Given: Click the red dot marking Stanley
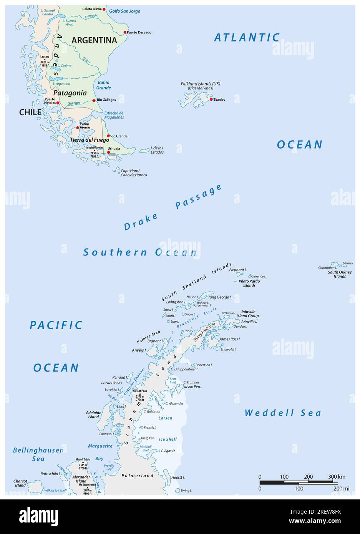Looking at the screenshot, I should coord(211,100).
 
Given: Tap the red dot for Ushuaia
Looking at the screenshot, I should coord(108,153).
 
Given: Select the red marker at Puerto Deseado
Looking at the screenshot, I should coord(125,32).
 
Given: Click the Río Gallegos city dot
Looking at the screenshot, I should coord(94,100).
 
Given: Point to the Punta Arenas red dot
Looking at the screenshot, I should coord(77,128).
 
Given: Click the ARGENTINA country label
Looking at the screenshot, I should coord(94,40).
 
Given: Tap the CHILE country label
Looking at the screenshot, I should coord(30,113).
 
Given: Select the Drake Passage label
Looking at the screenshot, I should coord(173,207).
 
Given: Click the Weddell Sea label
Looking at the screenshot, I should coord(283,413).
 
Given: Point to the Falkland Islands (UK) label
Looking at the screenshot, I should coord(201,84).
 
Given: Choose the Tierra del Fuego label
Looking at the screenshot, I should coord(90,140).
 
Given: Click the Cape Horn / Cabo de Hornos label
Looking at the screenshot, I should coord(134,173).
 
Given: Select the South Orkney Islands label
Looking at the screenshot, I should coord(340,274).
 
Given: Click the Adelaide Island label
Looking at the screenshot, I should coord(93,415).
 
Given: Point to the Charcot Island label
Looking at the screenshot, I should coord(20,483).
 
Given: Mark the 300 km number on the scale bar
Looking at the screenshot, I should coord(336,477).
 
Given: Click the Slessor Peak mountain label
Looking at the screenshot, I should coord(140,391).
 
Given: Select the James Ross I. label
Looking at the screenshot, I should coord(230,339).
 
